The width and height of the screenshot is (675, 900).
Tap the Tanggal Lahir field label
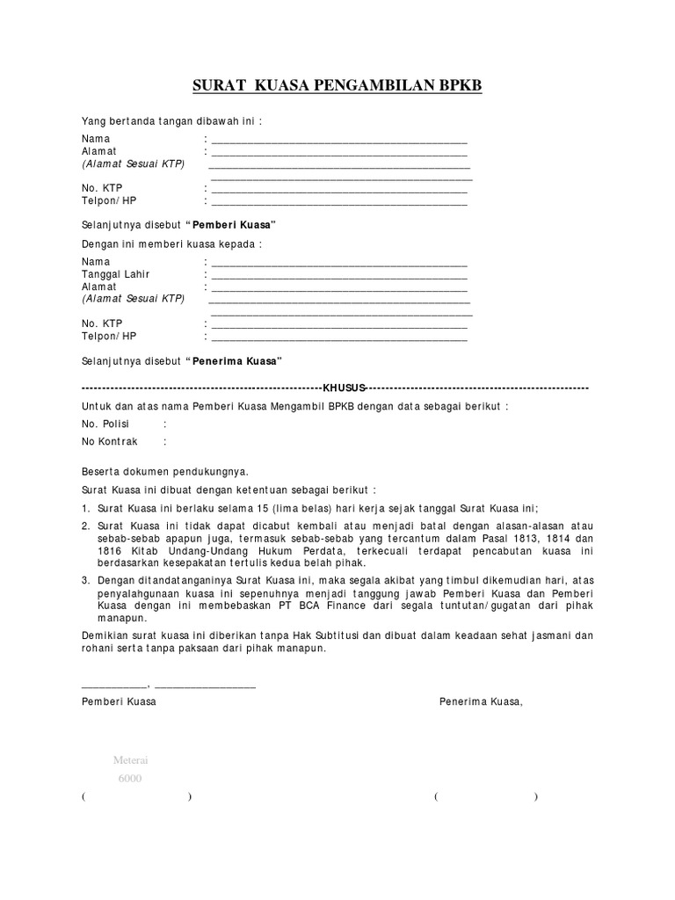(x=116, y=274)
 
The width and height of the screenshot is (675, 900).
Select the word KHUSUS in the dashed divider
(x=343, y=388)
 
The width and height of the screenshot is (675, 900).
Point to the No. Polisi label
(x=105, y=424)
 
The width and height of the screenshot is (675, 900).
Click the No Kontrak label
(x=110, y=441)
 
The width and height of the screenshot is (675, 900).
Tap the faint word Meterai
(x=130, y=760)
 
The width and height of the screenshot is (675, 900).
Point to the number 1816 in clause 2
(x=95, y=550)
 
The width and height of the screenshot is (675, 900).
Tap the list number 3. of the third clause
(x=85, y=581)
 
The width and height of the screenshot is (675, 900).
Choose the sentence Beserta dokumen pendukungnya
(x=165, y=471)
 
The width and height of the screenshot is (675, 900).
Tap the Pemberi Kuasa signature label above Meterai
(x=119, y=701)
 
